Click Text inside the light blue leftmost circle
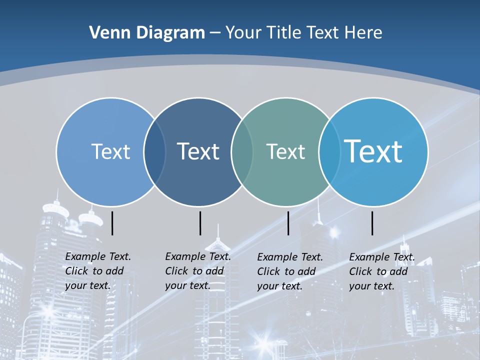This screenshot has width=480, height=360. point(110,151)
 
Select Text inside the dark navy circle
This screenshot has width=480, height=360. point(198,151)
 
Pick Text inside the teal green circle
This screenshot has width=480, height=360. point(285,151)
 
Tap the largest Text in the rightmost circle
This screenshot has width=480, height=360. point(373,151)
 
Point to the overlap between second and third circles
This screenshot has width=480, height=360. point(242,151)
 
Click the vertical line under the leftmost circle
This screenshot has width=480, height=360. point(112,223)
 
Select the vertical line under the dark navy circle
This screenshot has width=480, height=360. point(200,223)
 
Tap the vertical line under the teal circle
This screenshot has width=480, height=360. point(288,223)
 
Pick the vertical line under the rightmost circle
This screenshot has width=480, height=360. point(372,223)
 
